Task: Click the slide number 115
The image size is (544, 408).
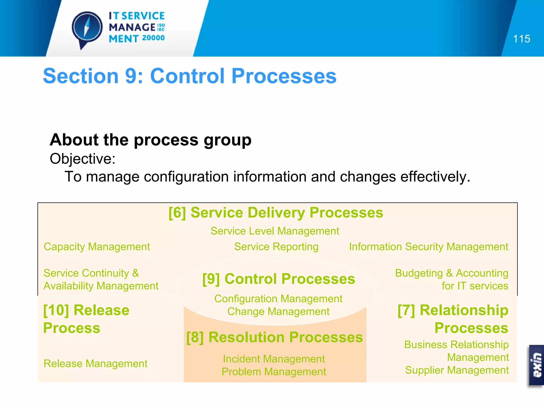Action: tap(521, 39)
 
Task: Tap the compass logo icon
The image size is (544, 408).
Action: tap(87, 28)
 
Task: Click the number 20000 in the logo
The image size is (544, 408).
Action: tap(153, 38)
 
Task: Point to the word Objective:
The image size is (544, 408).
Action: tap(83, 159)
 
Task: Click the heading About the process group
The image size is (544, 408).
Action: tap(150, 140)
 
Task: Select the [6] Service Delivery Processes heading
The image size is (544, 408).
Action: tap(276, 212)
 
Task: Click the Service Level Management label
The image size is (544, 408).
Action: tap(275, 231)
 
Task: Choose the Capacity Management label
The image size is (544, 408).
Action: tap(97, 246)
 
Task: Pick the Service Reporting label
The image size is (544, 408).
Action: tap(276, 246)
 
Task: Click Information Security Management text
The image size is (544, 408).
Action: tap(428, 246)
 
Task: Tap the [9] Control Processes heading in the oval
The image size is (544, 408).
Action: tap(278, 279)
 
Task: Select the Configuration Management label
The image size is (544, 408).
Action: tap(278, 299)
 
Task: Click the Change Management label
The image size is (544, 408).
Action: tap(278, 311)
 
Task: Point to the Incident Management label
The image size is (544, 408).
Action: tap(274, 359)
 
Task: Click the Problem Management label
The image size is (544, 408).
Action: tap(274, 372)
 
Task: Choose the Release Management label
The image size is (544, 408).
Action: tap(95, 363)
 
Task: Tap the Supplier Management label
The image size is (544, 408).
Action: tap(457, 370)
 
